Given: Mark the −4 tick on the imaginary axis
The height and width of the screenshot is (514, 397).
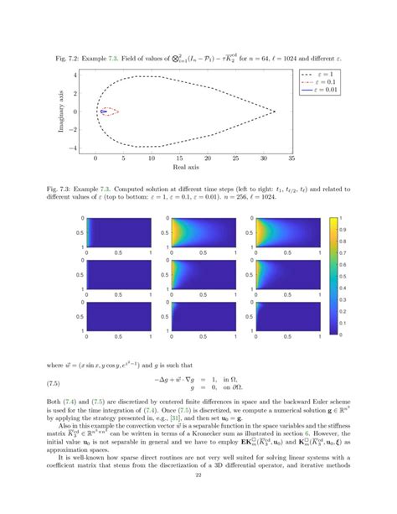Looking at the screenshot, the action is point(87,148).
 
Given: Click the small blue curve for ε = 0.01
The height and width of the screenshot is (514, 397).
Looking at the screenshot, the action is point(102,111).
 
